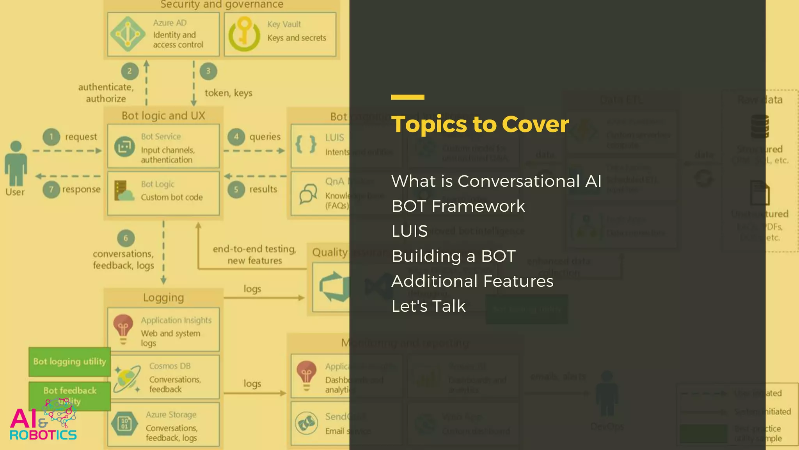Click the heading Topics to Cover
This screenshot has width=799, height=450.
tap(480, 124)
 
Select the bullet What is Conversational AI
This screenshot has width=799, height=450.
tap(496, 181)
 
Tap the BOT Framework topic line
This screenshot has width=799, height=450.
tap(458, 206)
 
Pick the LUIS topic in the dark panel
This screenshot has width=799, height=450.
tap(410, 231)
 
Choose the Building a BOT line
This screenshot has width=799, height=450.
tap(453, 256)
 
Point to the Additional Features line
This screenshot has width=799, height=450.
tap(472, 281)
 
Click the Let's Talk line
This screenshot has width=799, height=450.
tap(428, 306)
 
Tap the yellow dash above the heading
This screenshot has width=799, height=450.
tap(408, 97)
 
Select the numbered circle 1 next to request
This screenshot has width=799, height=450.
tap(51, 137)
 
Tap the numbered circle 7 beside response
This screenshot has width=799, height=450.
tap(51, 189)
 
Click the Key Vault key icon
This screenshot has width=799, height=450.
tap(244, 34)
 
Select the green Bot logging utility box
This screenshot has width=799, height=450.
tap(69, 362)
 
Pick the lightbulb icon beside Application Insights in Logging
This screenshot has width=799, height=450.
tap(123, 329)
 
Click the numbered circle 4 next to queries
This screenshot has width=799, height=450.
tap(236, 137)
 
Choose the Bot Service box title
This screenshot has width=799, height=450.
tap(161, 137)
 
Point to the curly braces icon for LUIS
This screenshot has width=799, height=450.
tap(306, 145)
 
